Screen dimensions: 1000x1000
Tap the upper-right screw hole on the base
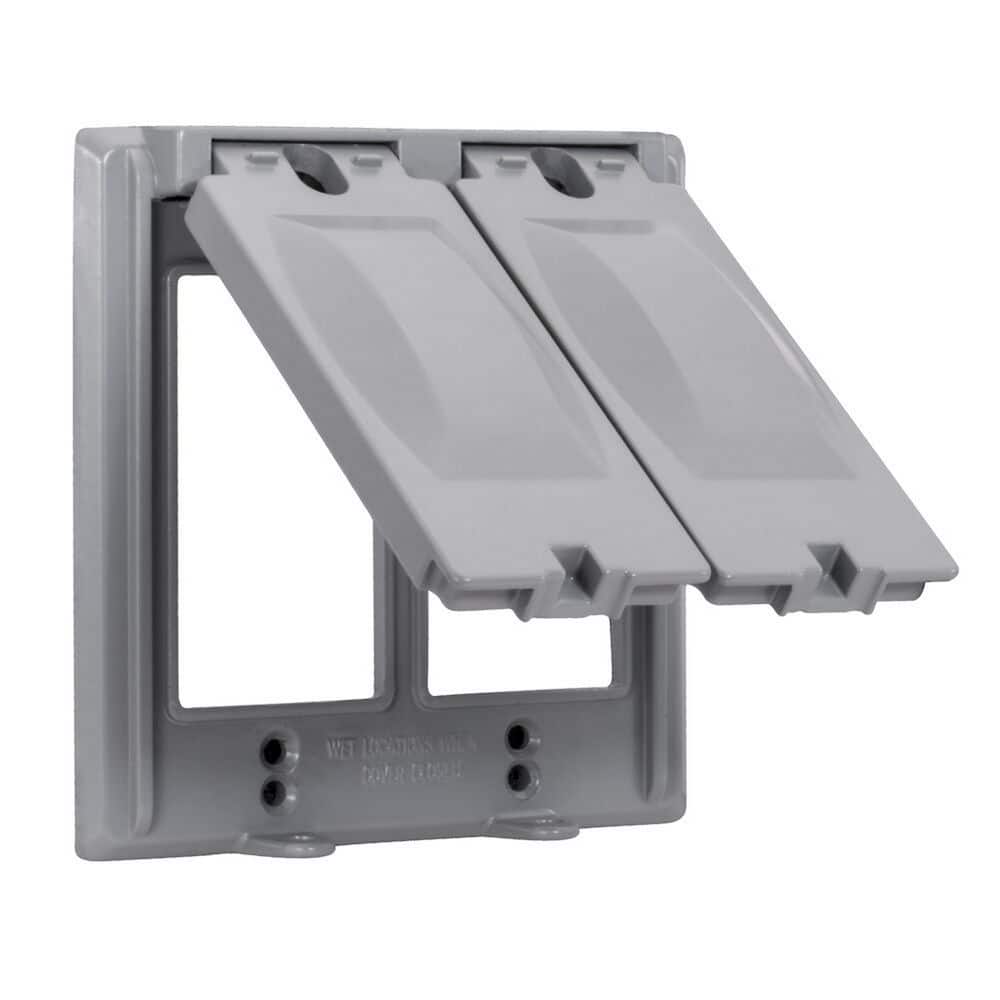518,737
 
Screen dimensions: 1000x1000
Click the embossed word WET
342,745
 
